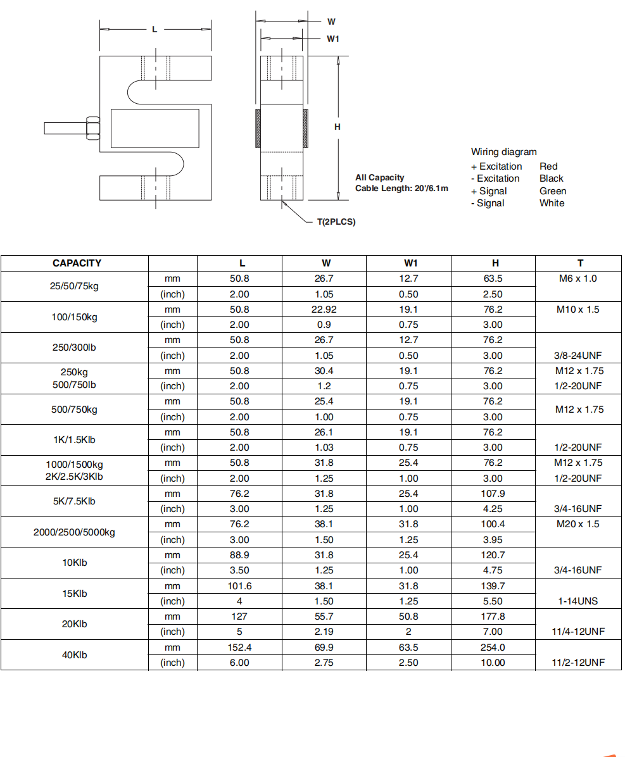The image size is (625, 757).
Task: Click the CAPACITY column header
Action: pyautogui.click(x=77, y=263)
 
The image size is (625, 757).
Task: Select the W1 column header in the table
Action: pyautogui.click(x=410, y=263)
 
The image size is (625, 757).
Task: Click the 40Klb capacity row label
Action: pyautogui.click(x=74, y=655)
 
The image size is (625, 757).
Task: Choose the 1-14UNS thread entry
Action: pyautogui.click(x=578, y=601)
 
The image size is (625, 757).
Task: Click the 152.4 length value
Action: pyautogui.click(x=239, y=648)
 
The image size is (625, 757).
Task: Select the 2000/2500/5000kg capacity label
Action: pyautogui.click(x=74, y=532)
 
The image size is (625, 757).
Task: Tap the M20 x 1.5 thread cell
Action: pyautogui.click(x=578, y=524)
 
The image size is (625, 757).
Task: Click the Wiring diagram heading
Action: pyautogui.click(x=503, y=152)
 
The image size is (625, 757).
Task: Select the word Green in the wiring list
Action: pyautogui.click(x=553, y=191)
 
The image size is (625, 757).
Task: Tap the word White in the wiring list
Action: pyautogui.click(x=552, y=203)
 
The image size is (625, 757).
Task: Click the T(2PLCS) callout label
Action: pyautogui.click(x=336, y=222)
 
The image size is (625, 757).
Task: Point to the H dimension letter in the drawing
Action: pyautogui.click(x=338, y=127)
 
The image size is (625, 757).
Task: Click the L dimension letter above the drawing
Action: pyautogui.click(x=155, y=29)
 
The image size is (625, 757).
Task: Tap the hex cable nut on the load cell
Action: pyautogui.click(x=92, y=127)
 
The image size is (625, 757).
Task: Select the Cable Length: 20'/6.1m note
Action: pyautogui.click(x=401, y=189)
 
